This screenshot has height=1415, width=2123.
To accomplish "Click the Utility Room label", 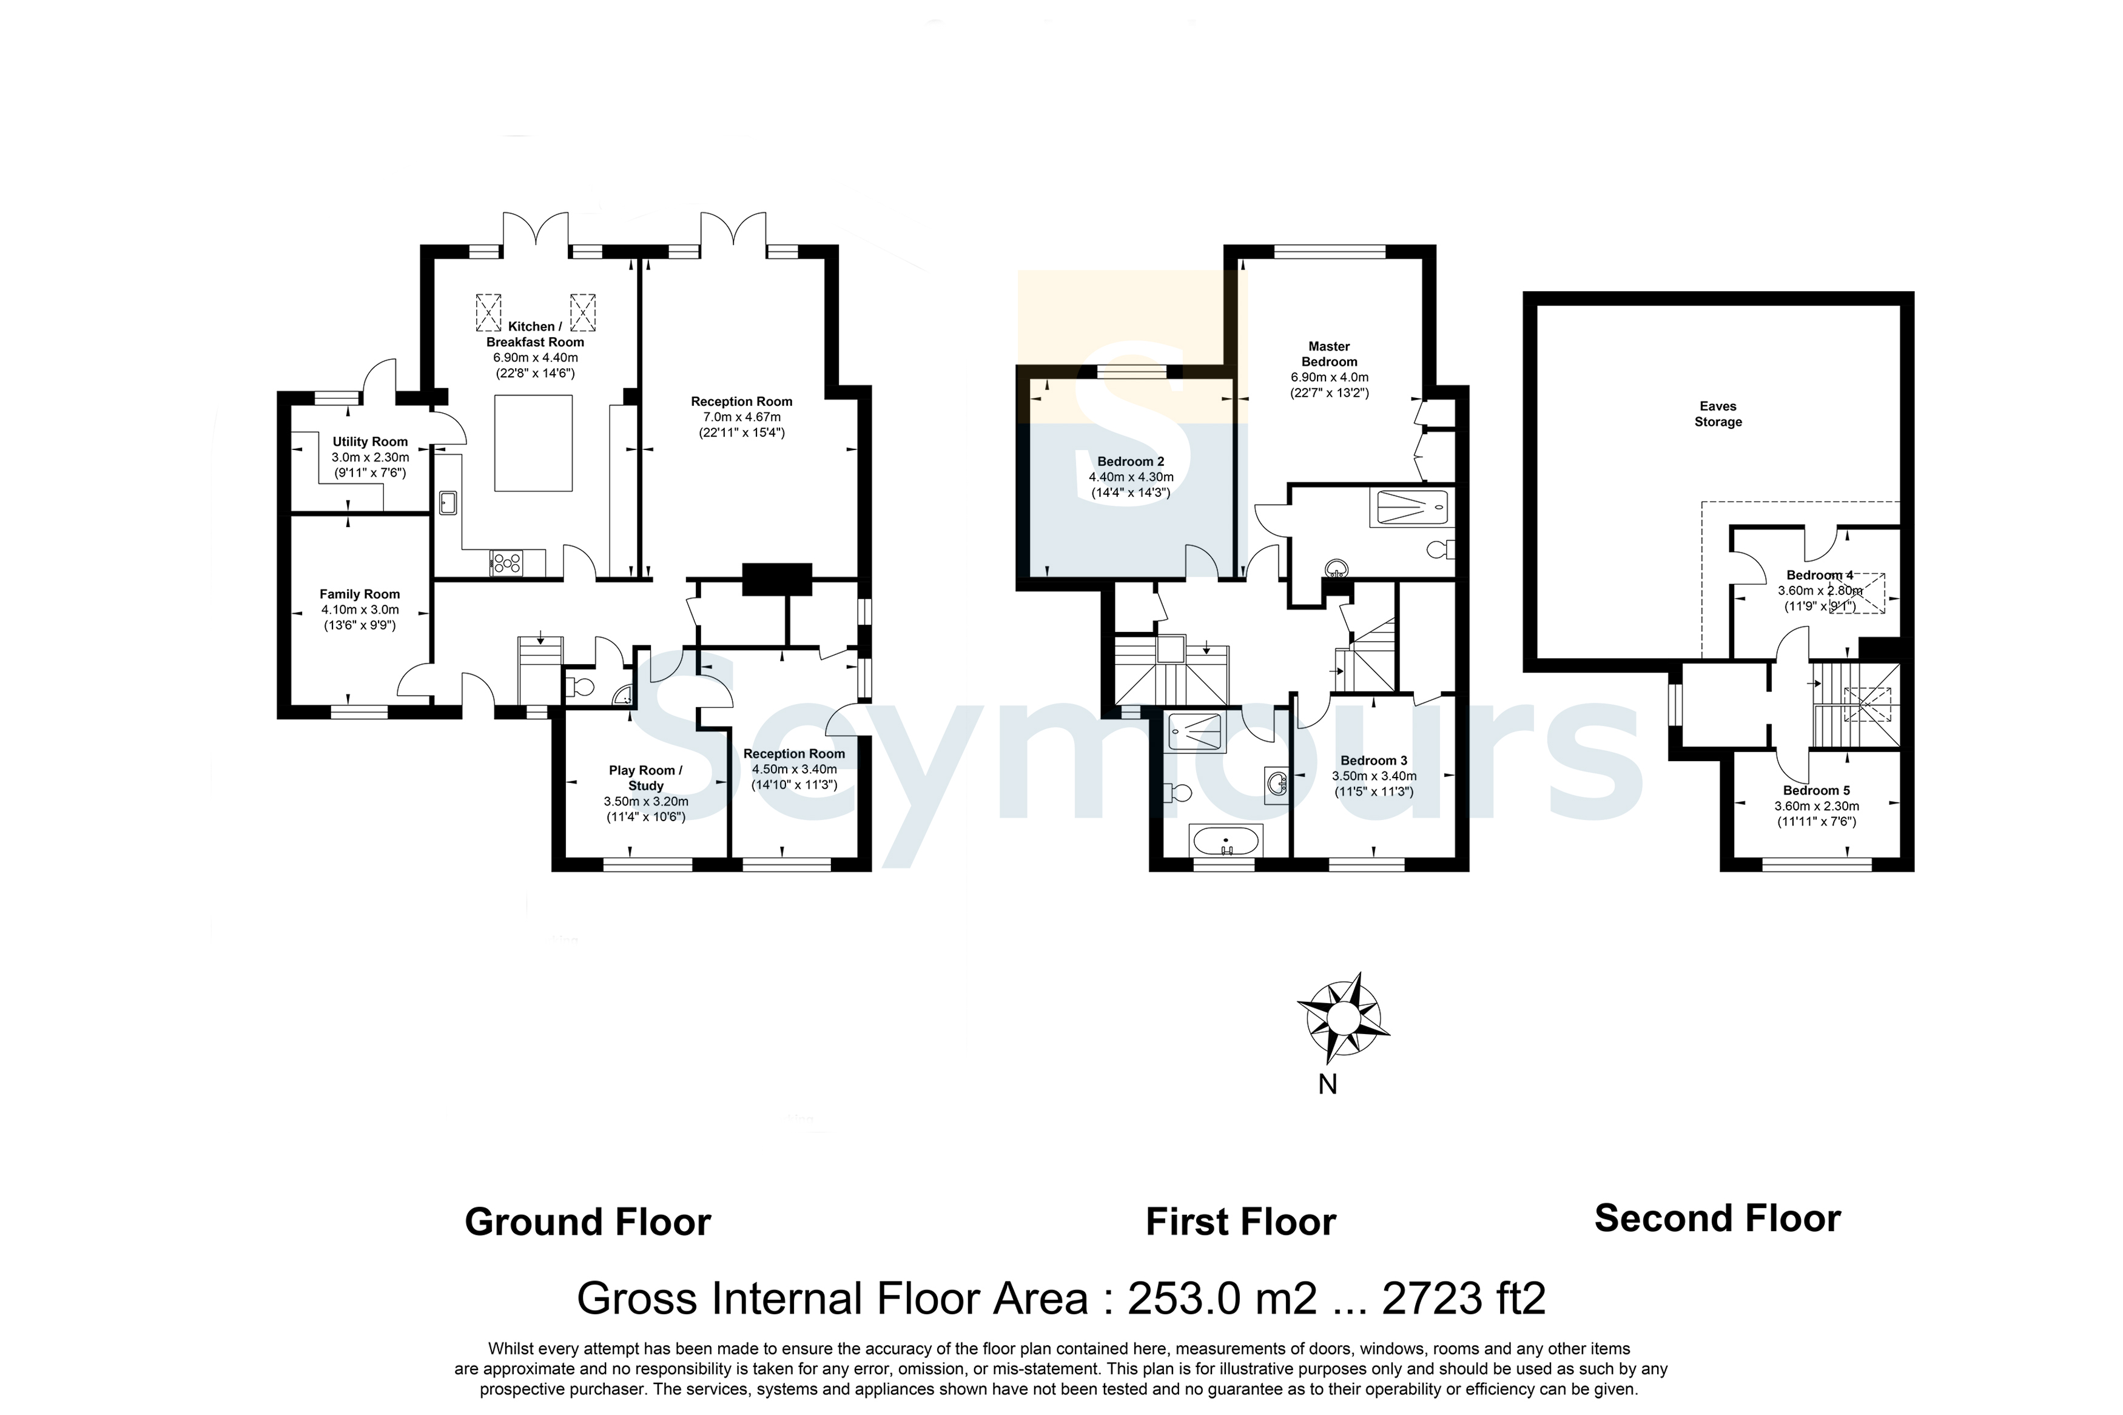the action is click(370, 442).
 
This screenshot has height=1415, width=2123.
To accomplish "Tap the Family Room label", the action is click(359, 594).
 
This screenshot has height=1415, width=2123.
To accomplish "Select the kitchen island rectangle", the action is click(533, 443).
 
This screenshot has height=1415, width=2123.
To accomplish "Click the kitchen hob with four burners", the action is click(506, 563).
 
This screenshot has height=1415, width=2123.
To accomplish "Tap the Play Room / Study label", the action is click(646, 778).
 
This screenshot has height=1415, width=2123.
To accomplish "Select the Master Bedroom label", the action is click(1329, 354).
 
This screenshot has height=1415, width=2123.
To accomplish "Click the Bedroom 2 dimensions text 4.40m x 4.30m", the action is click(1131, 477).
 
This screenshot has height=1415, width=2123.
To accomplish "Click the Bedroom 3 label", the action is click(1373, 761).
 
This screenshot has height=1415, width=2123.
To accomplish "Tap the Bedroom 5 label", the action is click(1816, 790).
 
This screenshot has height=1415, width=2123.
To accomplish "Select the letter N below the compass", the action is click(1327, 1084).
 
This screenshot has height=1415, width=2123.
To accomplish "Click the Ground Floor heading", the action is click(587, 1223).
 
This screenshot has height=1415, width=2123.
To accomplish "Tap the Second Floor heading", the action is click(1717, 1218).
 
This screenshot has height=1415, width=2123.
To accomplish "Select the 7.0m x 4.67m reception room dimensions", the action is click(742, 417).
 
